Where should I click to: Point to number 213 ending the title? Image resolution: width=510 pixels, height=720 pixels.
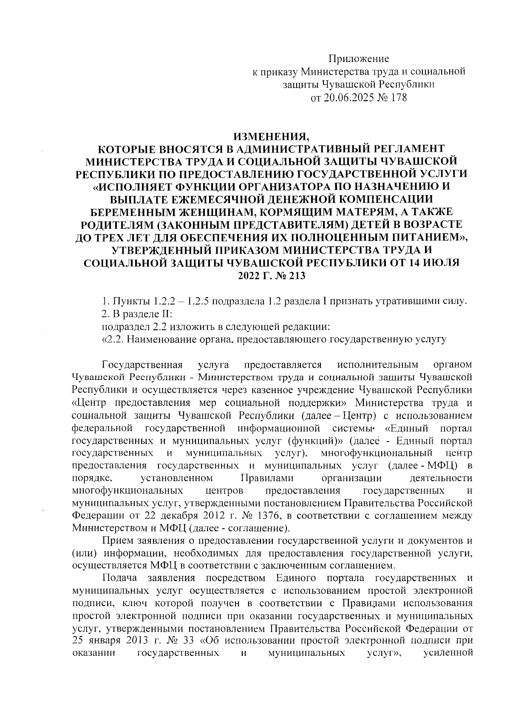click(295, 275)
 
